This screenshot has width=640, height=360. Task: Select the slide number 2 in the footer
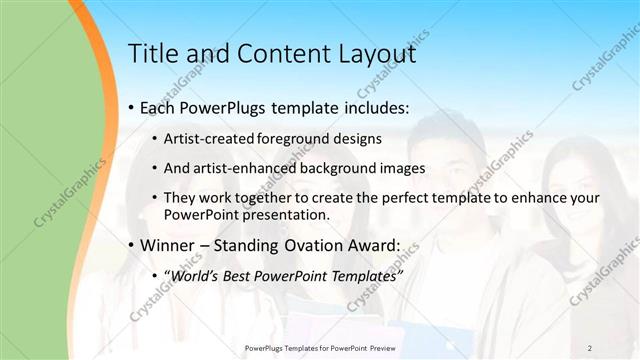[590, 347]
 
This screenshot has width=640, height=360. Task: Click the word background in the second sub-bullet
[345, 168]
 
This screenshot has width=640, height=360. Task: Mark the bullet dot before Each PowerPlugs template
[131, 108]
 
